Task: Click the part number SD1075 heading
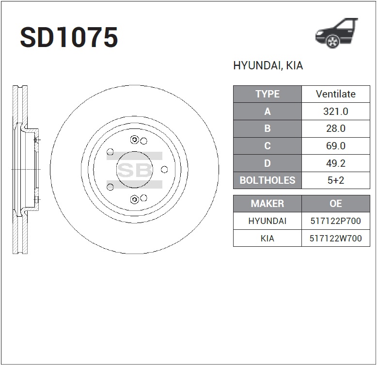(x=69, y=37)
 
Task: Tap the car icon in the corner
(x=336, y=33)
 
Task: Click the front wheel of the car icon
(x=332, y=41)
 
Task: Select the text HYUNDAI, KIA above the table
(x=268, y=65)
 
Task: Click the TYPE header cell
(x=268, y=94)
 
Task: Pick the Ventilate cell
(x=335, y=94)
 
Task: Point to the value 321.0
(x=335, y=112)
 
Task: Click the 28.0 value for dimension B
(x=335, y=128)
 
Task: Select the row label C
(x=268, y=146)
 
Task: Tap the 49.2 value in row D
(x=335, y=163)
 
